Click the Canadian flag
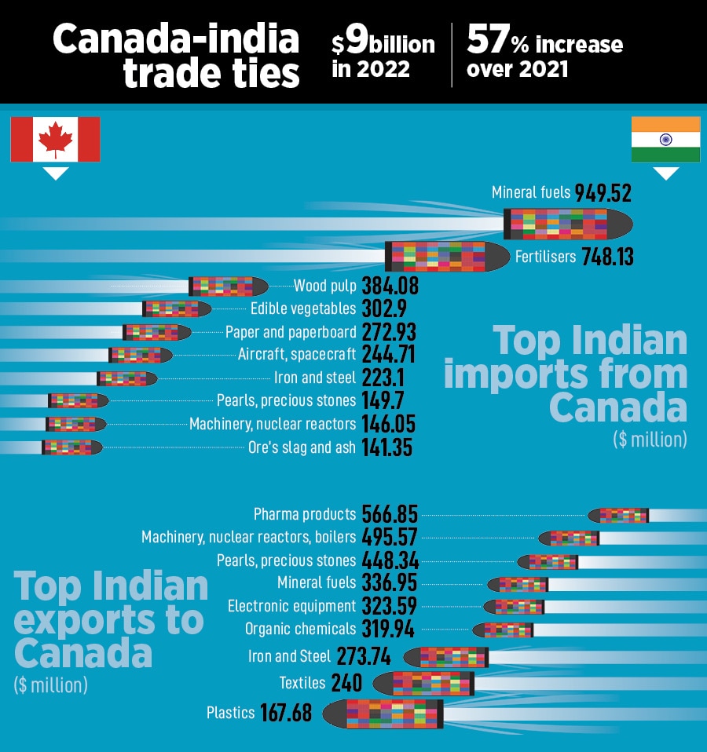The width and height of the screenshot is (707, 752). point(55,139)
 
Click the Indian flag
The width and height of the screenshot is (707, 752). point(665,139)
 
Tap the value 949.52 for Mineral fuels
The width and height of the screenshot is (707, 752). point(603,193)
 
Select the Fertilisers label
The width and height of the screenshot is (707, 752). point(545,257)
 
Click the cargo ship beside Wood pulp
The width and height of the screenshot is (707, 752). point(229,286)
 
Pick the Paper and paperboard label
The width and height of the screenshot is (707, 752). point(291,331)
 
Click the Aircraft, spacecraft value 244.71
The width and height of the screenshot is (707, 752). point(388,354)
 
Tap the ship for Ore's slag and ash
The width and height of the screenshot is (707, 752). point(71,447)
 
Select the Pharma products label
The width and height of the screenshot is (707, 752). point(305,515)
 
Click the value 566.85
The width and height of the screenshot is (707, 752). point(390,515)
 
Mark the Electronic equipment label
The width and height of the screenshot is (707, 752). point(292,606)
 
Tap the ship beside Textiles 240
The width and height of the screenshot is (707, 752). point(423,683)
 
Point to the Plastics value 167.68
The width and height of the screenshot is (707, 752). point(286,713)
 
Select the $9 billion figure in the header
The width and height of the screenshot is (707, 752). point(383,43)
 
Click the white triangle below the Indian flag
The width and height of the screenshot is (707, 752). point(666,173)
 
